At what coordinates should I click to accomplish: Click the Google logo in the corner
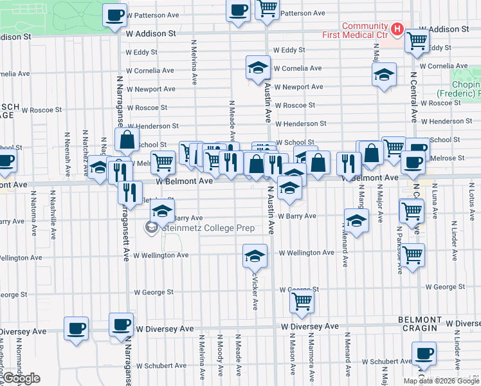click(21, 379)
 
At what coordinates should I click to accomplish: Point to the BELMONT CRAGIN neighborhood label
click(421, 324)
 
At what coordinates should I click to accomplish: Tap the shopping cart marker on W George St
click(302, 300)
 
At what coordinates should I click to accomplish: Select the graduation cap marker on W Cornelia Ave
click(258, 67)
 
